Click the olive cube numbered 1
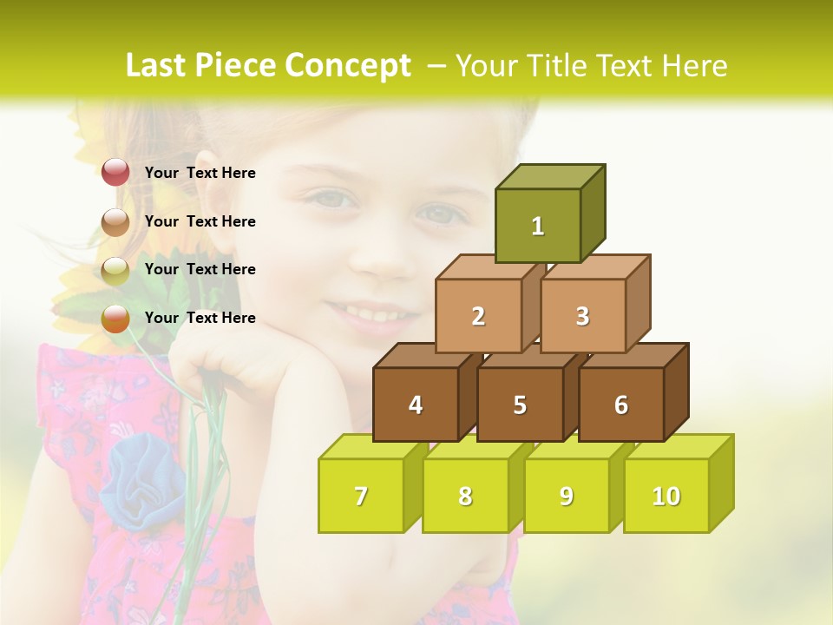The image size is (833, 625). tap(538, 226)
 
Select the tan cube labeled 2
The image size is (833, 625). tap(478, 316)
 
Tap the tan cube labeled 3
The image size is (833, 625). tap(582, 316)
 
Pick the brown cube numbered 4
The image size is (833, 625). tap(416, 405)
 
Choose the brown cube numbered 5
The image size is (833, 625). tap(520, 405)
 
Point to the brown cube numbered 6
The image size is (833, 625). tap(621, 405)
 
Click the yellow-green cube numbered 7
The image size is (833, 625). tap(361, 496)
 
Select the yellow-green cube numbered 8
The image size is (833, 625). tap(465, 496)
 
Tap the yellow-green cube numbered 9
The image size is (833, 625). tap(566, 496)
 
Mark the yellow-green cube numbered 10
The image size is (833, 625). tap(666, 496)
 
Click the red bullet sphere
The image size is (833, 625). tap(115, 172)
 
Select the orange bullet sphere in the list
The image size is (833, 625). tap(115, 319)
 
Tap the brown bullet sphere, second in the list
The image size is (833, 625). tap(115, 222)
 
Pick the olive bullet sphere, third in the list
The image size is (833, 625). tap(115, 271)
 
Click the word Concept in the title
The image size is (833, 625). tap(348, 66)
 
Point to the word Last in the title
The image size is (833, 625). tap(157, 66)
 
